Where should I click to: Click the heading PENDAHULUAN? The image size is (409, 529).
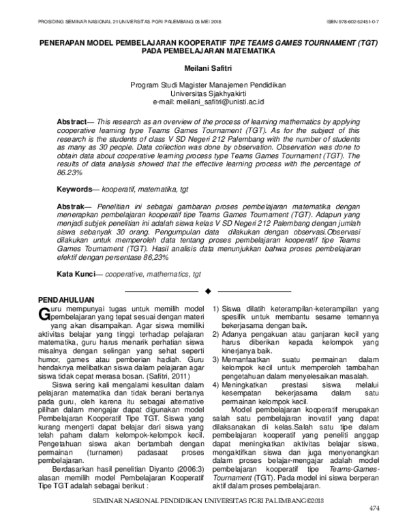point(65,299)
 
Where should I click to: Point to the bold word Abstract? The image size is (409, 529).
point(72,119)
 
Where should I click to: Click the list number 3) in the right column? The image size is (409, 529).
point(216,359)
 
